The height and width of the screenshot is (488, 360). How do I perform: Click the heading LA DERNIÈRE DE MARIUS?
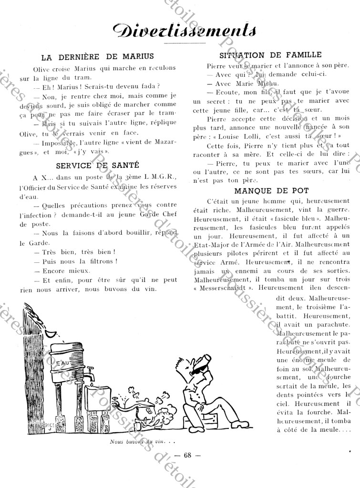(97, 57)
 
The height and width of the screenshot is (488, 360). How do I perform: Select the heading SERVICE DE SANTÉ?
(97, 166)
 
